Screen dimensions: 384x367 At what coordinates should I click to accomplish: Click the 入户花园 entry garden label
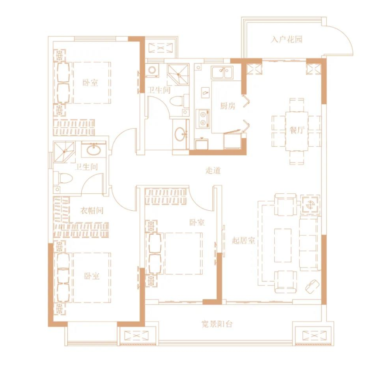[286, 39]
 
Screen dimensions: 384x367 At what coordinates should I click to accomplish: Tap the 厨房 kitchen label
[228, 106]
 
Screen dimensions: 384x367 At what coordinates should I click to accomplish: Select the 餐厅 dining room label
[296, 130]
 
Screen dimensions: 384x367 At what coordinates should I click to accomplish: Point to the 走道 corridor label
[213, 170]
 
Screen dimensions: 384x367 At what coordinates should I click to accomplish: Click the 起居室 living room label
[243, 240]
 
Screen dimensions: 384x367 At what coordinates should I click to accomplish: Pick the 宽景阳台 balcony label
[217, 324]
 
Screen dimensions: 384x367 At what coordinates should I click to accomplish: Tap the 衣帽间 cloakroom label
[92, 210]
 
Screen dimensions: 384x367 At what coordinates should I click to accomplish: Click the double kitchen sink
[222, 72]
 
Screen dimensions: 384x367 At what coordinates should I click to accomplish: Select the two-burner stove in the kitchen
[203, 118]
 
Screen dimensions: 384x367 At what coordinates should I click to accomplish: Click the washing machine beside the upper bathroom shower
[152, 70]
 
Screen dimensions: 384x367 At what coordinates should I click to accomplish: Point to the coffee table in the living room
[283, 245]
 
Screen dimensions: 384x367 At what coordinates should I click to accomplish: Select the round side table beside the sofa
[310, 204]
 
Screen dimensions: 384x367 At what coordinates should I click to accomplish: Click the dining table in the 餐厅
[297, 131]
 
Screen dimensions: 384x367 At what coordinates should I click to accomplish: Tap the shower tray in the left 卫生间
[64, 152]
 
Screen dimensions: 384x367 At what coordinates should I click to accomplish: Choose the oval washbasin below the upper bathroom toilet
[181, 134]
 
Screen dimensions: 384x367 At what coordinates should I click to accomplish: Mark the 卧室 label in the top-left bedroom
[90, 82]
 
